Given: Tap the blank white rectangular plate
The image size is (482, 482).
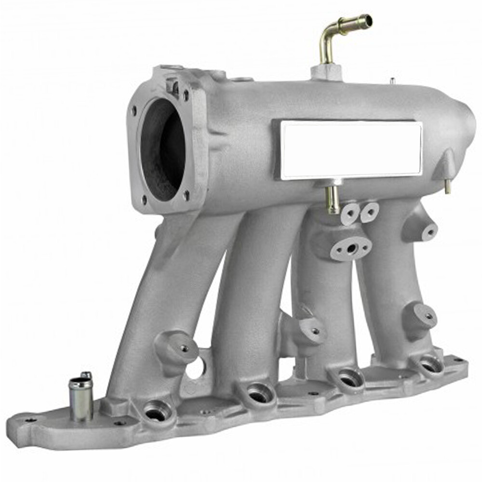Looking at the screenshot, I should (351, 149).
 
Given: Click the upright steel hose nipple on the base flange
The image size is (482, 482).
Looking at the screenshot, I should (81, 398).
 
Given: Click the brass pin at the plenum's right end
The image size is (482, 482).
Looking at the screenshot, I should (447, 186).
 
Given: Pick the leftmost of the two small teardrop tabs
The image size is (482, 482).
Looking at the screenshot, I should (350, 213).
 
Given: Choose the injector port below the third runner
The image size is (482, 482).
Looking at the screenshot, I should (348, 379).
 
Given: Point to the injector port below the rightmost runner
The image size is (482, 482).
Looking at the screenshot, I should (430, 365).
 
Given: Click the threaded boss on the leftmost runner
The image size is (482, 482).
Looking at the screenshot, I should (184, 348).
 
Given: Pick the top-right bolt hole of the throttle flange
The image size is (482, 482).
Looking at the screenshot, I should (186, 95).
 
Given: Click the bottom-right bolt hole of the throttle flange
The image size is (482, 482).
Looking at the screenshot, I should (186, 194).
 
